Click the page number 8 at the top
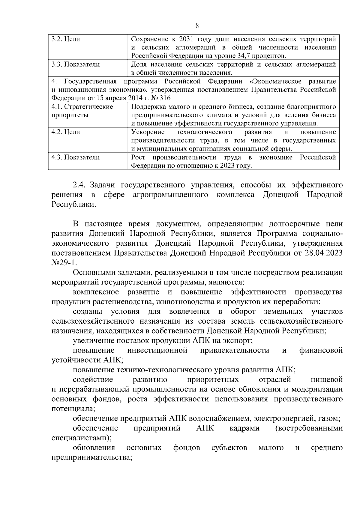click(x=197, y=26)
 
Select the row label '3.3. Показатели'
click(x=75, y=64)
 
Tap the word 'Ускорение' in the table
click(x=148, y=132)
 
